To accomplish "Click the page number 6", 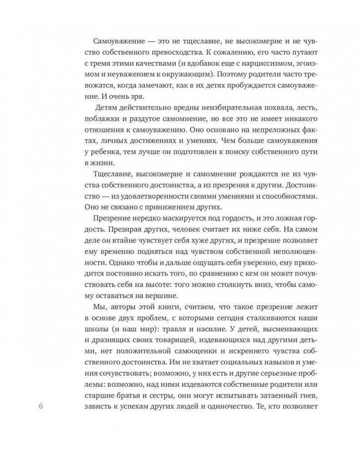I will point(41,407).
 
